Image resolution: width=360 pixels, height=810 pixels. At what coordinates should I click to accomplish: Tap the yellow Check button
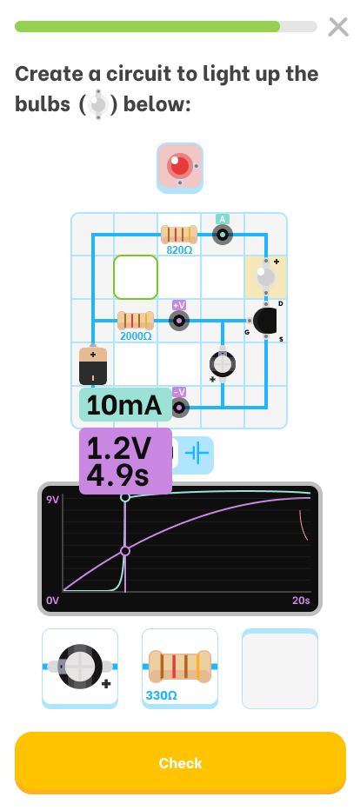pos(180,762)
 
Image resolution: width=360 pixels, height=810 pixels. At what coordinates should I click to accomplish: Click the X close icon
pos(338,27)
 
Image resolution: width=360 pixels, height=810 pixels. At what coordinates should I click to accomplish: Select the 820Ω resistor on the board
pos(179,235)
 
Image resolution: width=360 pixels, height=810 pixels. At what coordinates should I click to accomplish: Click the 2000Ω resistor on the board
pos(136,321)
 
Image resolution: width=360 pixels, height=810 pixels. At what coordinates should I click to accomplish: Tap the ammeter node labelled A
pos(223,235)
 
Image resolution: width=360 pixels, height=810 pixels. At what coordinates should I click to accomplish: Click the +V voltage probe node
pos(179,321)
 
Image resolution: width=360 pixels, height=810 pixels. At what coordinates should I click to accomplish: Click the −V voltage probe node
pos(179,408)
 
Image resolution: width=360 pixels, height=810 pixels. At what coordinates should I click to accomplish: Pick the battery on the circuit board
pos(93,366)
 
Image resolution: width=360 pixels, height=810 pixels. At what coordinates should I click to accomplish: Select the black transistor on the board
pos(265,321)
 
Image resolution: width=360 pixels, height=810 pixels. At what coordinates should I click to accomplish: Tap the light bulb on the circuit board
pos(266,277)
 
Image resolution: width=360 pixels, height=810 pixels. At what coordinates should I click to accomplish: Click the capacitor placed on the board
pos(223,364)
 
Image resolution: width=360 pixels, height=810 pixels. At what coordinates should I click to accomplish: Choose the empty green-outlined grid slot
pos(136,277)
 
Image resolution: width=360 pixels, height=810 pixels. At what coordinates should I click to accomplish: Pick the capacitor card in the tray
pos(80,667)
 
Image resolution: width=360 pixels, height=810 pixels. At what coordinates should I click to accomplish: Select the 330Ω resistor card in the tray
pos(180,667)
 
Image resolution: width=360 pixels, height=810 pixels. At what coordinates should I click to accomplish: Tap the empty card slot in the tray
pos(280,668)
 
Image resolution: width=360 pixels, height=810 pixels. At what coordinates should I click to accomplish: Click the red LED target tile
pos(180,168)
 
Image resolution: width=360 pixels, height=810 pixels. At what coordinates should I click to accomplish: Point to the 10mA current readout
pos(125,404)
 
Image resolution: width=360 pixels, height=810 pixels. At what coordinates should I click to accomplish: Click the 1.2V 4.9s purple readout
pos(125,461)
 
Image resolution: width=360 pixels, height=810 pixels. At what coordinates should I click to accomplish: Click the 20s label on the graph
pos(301,601)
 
